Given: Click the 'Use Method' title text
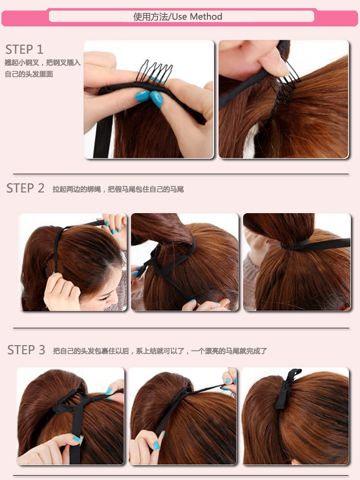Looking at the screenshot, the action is coord(197,16).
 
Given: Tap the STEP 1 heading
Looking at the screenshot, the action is coord(24,49).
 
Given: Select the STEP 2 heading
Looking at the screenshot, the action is coord(25,188).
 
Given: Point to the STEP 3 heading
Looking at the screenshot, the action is coord(26,350).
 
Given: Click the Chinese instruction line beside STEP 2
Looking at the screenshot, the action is coord(118,189).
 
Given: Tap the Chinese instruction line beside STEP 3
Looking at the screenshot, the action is coord(160,351).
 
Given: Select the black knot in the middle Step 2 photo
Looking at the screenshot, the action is coord(152,263).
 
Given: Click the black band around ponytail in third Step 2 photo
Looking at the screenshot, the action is coord(315,245).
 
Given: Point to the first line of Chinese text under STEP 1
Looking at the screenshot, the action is coord(43,63).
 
